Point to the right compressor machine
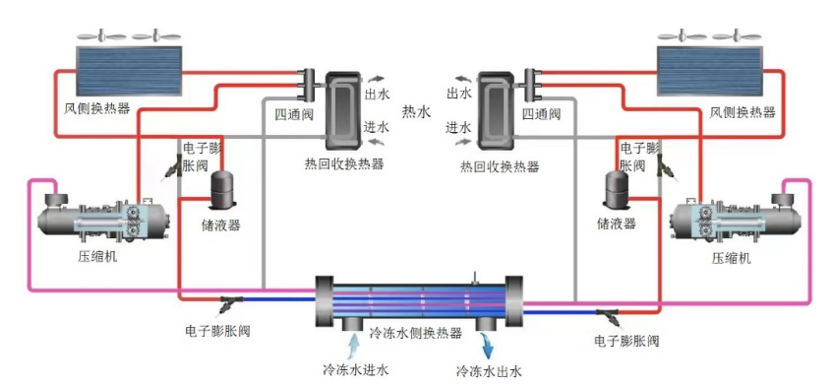coord(733,221)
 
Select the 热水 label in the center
coord(418,111)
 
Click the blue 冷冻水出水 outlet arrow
coord(486,346)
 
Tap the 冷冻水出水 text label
coord(489,372)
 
